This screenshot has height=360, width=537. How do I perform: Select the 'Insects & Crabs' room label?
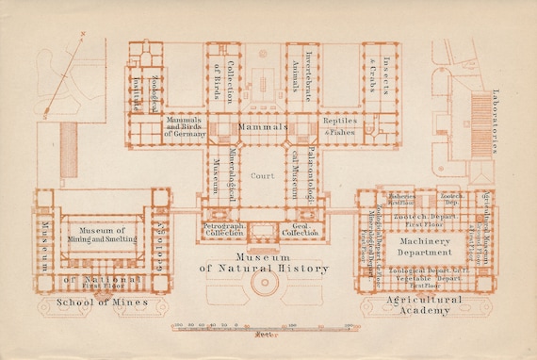pyautogui.click(x=380, y=73)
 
